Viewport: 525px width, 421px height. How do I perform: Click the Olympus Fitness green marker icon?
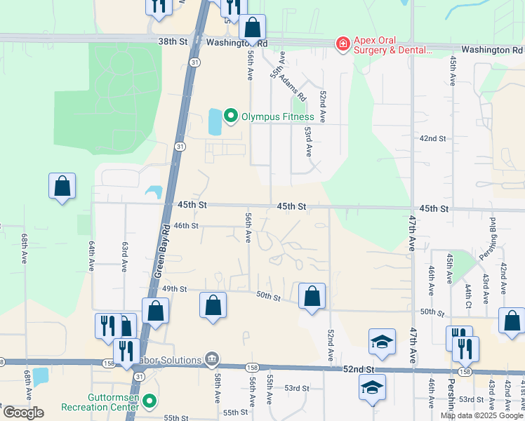click(x=230, y=116)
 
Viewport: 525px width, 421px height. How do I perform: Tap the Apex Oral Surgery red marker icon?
click(x=343, y=44)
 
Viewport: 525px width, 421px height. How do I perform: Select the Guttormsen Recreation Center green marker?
click(x=149, y=401)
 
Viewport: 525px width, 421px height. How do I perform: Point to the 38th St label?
click(x=173, y=42)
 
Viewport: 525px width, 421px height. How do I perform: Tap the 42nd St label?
click(x=432, y=139)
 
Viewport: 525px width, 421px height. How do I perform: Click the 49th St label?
click(x=175, y=289)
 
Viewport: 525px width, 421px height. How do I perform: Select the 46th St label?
click(x=187, y=226)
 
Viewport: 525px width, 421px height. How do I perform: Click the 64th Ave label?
click(x=91, y=256)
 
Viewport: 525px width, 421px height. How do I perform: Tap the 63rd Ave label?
click(x=124, y=257)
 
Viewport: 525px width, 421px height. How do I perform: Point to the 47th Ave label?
click(x=412, y=234)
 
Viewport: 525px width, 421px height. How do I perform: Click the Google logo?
click(x=23, y=413)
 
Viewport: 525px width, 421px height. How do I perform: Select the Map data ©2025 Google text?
click(x=481, y=415)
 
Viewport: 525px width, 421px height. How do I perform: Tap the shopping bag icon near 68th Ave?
click(x=62, y=187)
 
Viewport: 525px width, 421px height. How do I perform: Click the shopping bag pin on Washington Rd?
click(x=253, y=28)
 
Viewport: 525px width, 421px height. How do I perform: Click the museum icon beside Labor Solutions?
click(x=211, y=359)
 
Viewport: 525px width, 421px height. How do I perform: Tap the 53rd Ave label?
click(x=308, y=141)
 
